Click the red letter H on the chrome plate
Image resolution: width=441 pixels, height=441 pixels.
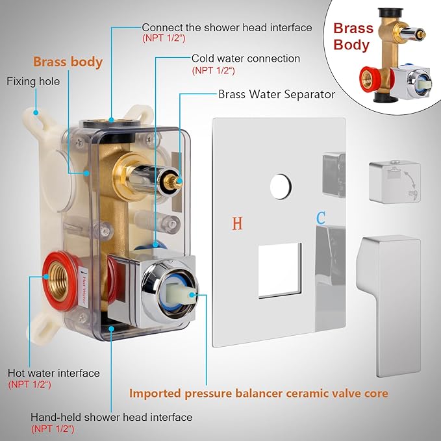pyautogui.click(x=238, y=223)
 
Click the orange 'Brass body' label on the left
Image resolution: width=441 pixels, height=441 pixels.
pyautogui.click(x=68, y=62)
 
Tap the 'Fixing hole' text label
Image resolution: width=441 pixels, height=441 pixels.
pyautogui.click(x=33, y=82)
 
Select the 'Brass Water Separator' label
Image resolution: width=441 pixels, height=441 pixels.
pyautogui.click(x=277, y=94)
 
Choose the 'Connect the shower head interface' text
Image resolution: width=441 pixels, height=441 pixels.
pyautogui.click(x=227, y=27)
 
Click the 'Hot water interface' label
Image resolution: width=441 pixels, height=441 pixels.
pyautogui.click(x=54, y=373)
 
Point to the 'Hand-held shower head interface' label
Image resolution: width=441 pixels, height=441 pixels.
pyautogui.click(x=112, y=417)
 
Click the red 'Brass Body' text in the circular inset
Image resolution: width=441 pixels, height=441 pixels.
pyautogui.click(x=353, y=36)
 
